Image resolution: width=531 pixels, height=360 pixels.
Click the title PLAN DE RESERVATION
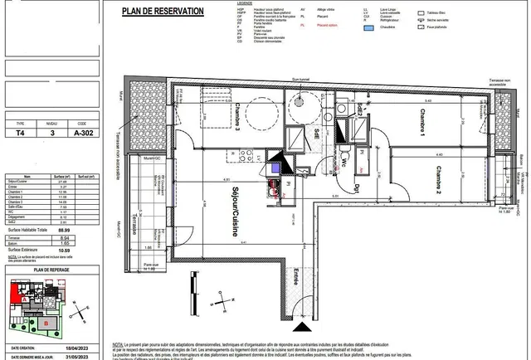162,11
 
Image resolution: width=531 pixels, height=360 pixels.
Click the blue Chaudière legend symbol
369,26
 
